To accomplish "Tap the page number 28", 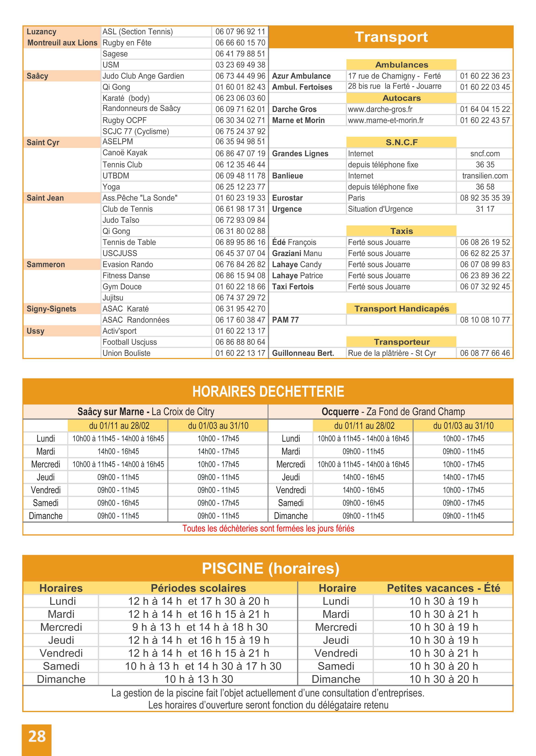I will click(x=37, y=736).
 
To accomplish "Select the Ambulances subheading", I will click(x=401, y=65).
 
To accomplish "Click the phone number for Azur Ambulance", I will click(x=485, y=76).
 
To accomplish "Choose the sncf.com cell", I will click(x=485, y=154).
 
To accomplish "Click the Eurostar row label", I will click(x=287, y=198).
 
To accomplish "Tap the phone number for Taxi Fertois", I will click(x=485, y=287).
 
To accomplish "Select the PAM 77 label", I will click(x=285, y=320).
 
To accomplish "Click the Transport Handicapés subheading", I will click(x=401, y=309).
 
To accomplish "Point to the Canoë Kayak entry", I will click(x=125, y=153).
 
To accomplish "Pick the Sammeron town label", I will click(x=46, y=264).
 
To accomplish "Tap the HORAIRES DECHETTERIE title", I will click(x=268, y=391).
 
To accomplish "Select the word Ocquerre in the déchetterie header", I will click(x=340, y=411).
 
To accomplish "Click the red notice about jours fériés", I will click(x=268, y=528).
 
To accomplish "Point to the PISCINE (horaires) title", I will click(x=270, y=568).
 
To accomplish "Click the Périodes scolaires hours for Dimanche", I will click(x=199, y=679).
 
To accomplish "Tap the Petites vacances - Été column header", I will click(x=443, y=588).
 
